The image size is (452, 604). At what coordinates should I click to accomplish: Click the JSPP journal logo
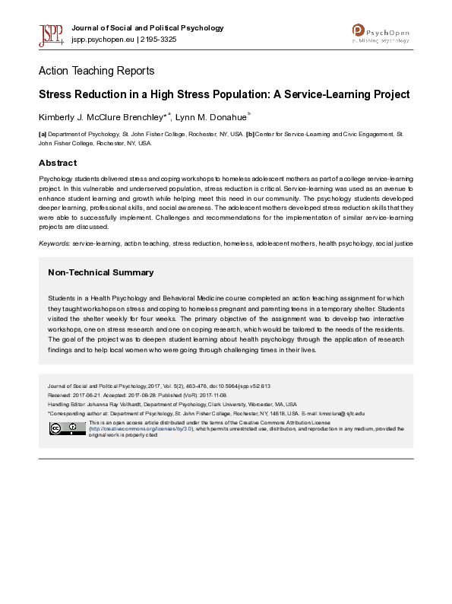(x=51, y=34)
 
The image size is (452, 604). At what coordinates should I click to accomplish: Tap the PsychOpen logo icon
(x=359, y=30)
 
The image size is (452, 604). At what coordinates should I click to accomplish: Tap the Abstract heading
(x=58, y=163)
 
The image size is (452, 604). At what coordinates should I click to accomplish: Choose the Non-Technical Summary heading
(x=100, y=272)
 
